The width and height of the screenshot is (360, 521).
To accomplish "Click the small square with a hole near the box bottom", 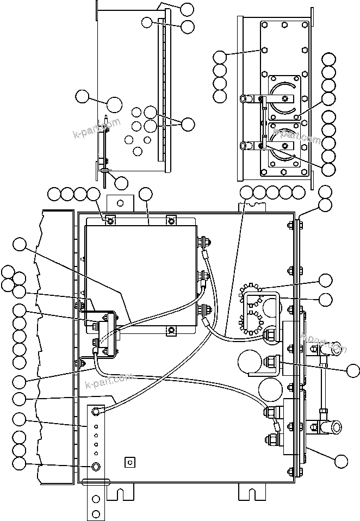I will point(129,461).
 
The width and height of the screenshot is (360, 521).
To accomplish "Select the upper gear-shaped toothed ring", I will point(252,294).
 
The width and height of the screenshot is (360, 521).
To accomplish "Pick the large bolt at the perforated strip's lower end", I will point(96,467).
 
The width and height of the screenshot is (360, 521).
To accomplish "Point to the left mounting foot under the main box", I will point(120,492).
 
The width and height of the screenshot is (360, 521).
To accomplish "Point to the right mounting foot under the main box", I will point(251,492).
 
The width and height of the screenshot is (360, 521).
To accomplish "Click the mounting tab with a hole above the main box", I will point(120,202).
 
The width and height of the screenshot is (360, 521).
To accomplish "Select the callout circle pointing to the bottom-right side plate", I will point(341,461).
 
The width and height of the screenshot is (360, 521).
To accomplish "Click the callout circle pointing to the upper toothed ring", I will point(325,280).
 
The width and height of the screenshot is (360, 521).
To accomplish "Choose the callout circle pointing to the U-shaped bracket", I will point(325,299).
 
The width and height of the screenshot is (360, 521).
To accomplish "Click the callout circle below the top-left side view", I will point(122,183).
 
